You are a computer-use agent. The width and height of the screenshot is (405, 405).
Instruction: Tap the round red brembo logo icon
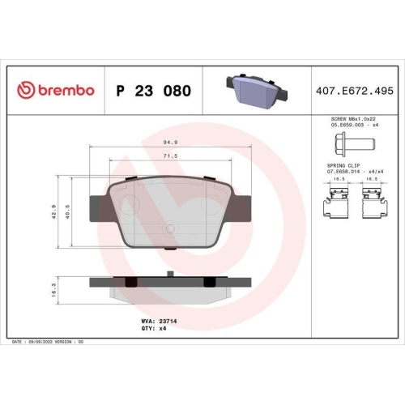[24, 90]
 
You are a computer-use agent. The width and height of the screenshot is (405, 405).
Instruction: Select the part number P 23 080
[154, 91]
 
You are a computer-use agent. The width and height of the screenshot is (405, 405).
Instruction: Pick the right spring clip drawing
[373, 200]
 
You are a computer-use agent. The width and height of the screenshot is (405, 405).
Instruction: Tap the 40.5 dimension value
[70, 213]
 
